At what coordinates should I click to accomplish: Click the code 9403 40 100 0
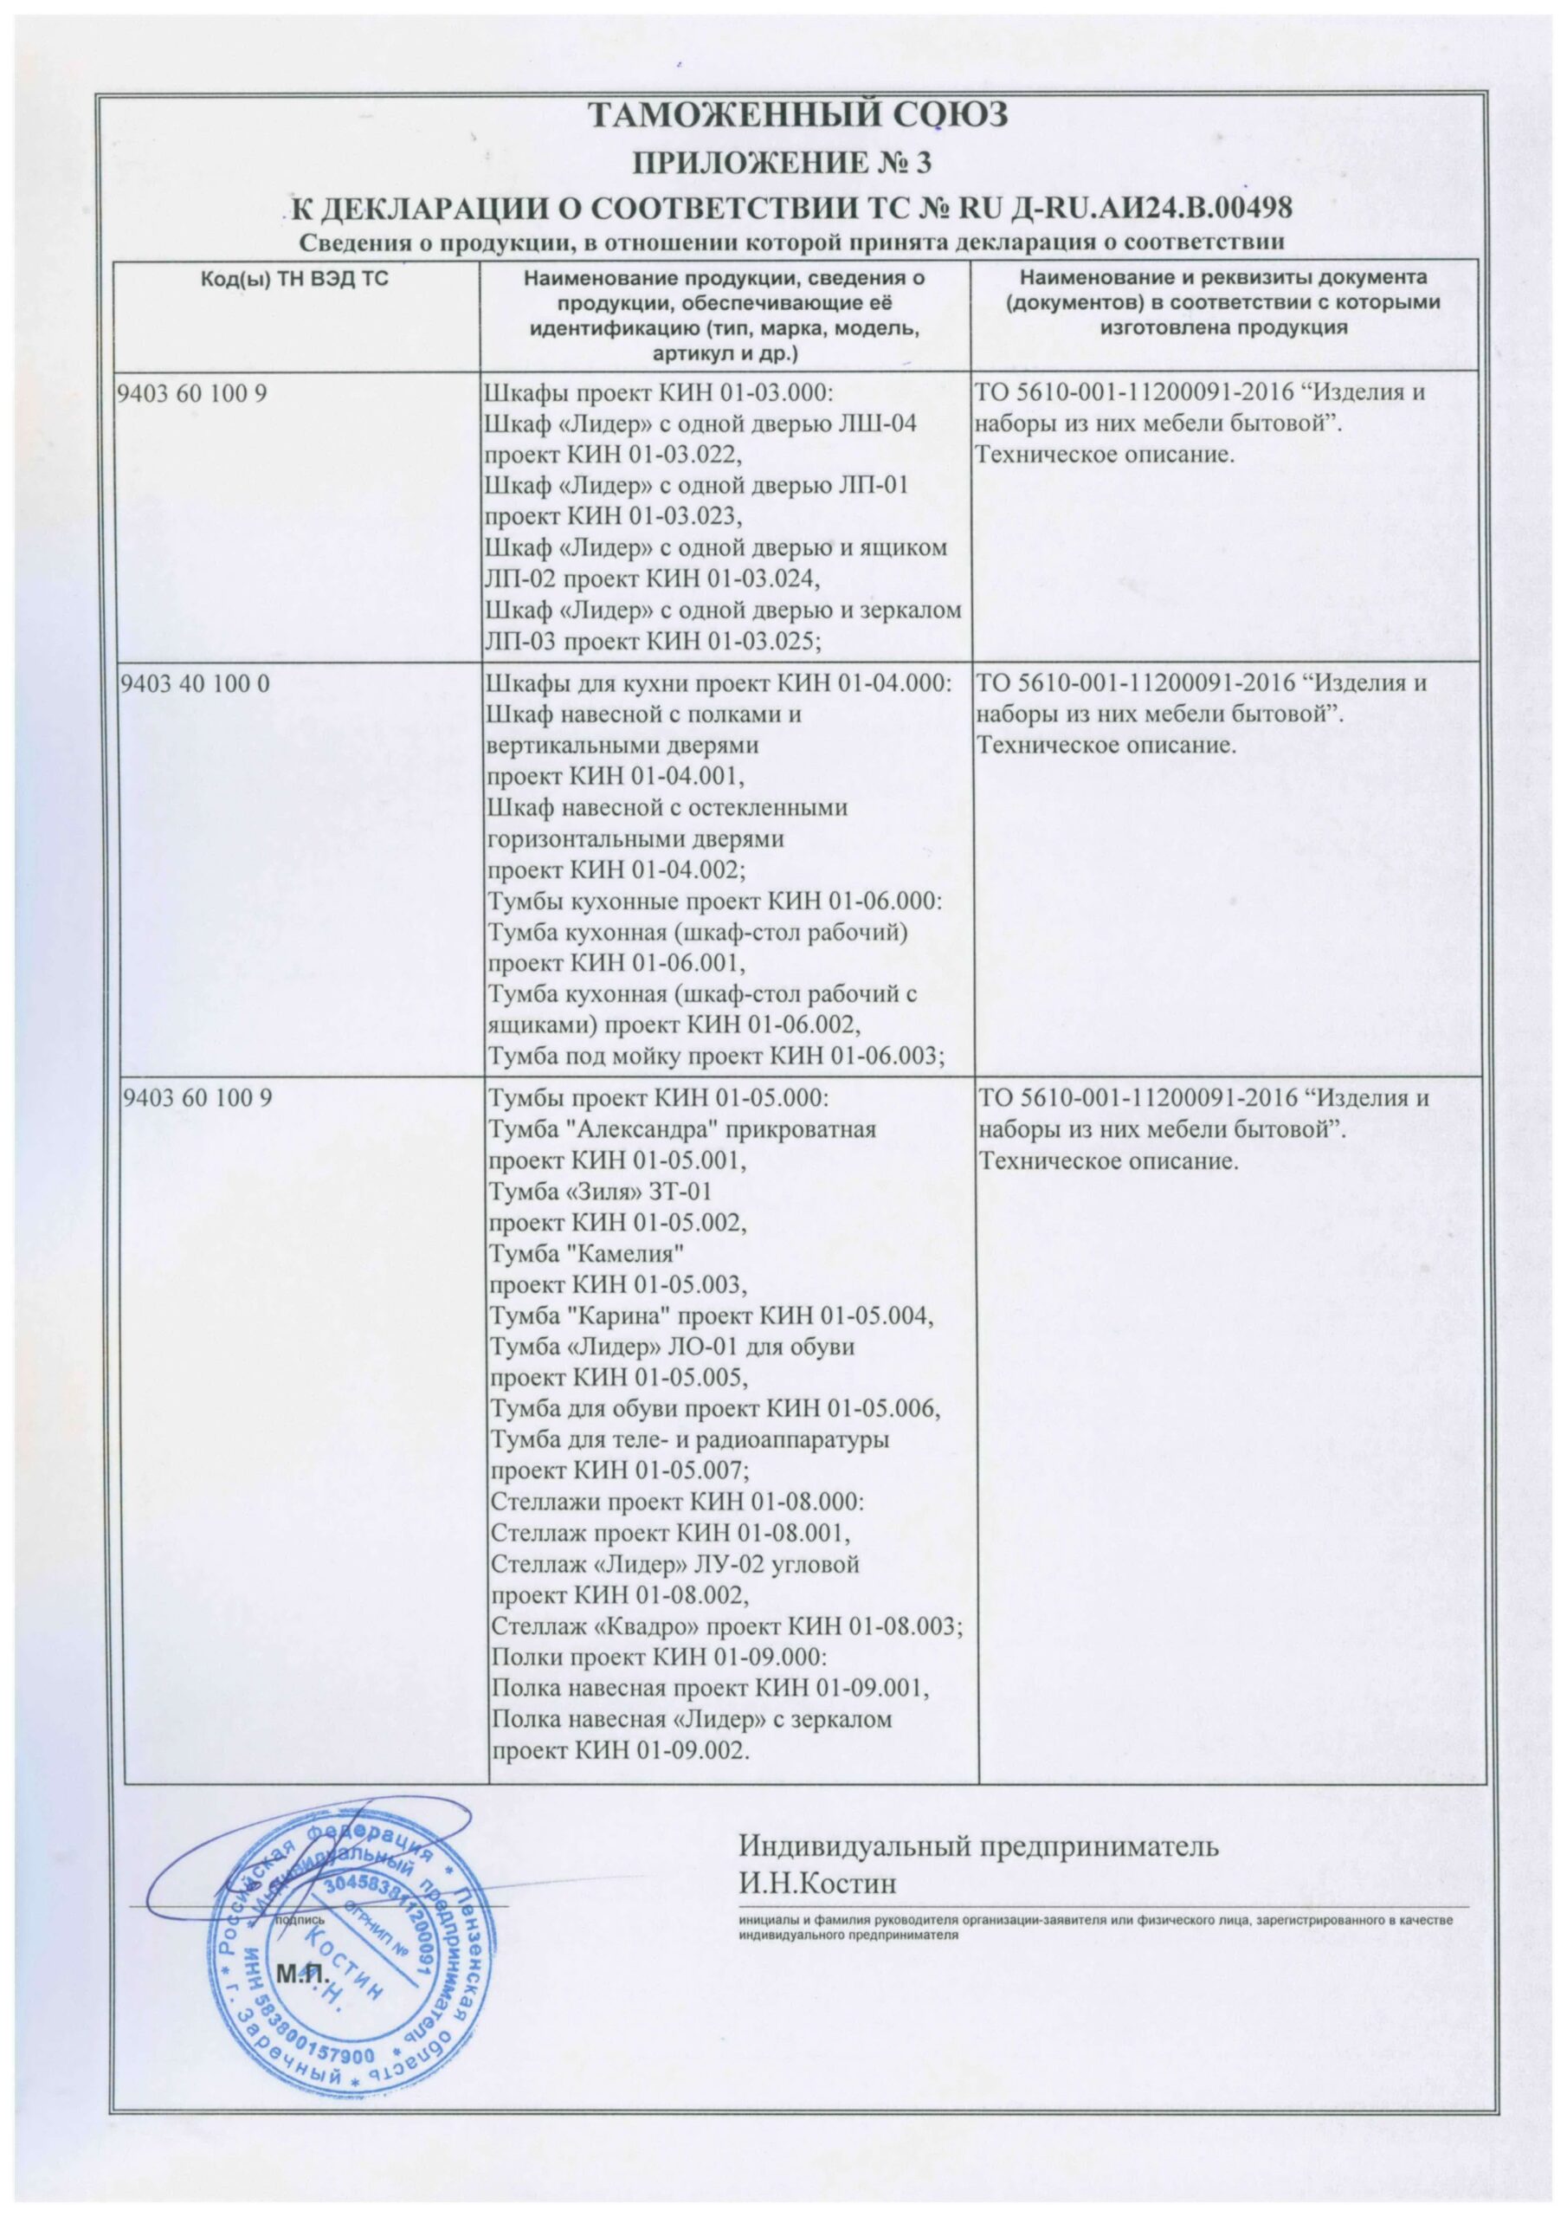click(193, 683)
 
